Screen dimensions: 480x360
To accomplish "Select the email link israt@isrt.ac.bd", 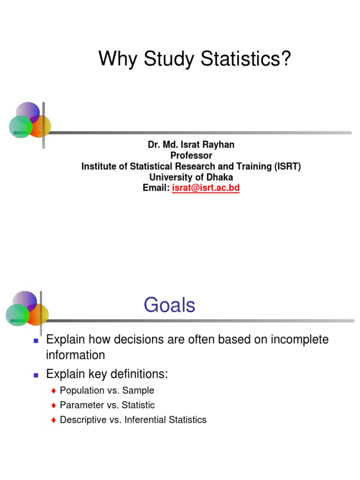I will (x=206, y=188).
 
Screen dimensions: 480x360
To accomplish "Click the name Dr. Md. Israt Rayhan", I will (x=191, y=145).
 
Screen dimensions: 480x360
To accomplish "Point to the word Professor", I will (x=191, y=156).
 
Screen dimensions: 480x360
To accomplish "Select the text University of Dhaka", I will (x=191, y=177).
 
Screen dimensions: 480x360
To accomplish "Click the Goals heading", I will (x=169, y=306).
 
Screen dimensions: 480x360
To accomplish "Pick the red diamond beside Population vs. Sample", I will (x=54, y=391).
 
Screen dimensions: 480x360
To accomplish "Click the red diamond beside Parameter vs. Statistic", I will (x=54, y=405).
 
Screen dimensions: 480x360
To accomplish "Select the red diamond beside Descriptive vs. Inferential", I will (x=54, y=420).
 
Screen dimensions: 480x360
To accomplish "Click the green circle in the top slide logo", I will (x=20, y=127).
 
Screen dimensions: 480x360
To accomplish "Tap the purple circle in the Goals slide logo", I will (x=24, y=300).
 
